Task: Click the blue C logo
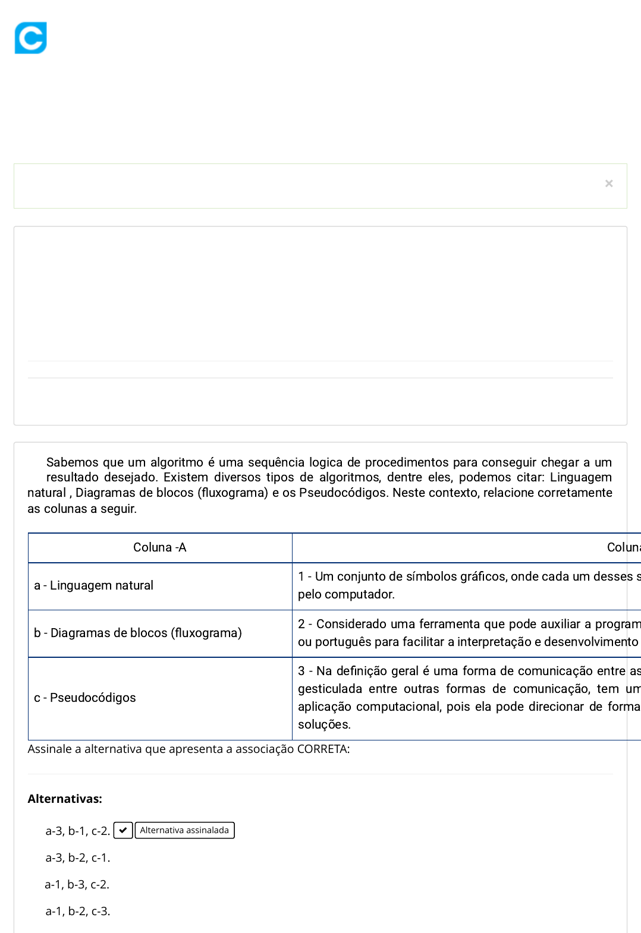click(31, 38)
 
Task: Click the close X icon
click(609, 184)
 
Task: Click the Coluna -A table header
click(159, 547)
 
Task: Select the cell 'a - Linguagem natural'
click(93, 585)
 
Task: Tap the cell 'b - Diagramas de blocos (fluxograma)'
click(137, 633)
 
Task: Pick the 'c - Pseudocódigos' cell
click(85, 698)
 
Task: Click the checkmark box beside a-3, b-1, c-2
click(122, 830)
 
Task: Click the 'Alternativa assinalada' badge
click(184, 830)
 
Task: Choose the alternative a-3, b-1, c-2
click(77, 831)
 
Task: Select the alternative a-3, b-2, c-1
click(78, 858)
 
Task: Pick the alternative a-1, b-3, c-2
click(77, 884)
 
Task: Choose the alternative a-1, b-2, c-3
click(78, 911)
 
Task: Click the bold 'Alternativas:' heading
click(65, 799)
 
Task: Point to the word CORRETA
click(322, 749)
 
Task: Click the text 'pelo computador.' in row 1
click(346, 594)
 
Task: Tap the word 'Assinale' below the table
click(49, 749)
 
